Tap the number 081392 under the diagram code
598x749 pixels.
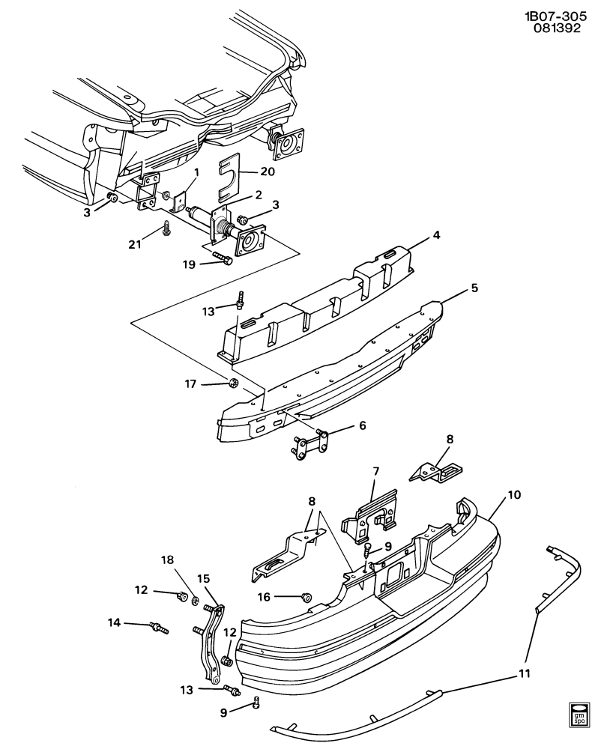point(557,28)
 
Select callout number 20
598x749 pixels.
point(268,171)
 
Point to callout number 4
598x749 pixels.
point(436,235)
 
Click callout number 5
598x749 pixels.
point(474,288)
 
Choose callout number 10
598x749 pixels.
point(363,425)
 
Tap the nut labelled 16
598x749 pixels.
point(307,596)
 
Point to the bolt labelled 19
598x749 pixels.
point(223,259)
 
